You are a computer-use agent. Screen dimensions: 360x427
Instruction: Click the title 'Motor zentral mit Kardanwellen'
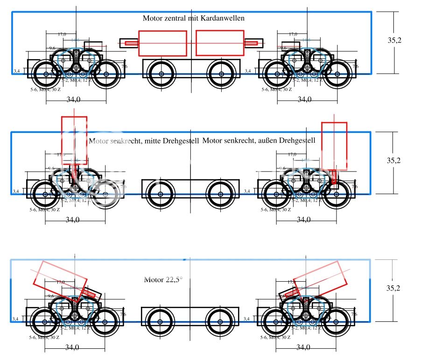click(x=194, y=18)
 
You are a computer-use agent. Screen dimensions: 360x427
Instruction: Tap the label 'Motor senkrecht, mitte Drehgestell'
click(x=144, y=140)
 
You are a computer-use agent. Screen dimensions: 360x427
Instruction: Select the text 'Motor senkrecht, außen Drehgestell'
click(x=259, y=140)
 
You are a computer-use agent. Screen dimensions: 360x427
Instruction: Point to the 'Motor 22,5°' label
click(x=163, y=280)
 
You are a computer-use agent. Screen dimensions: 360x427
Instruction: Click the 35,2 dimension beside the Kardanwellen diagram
click(x=394, y=40)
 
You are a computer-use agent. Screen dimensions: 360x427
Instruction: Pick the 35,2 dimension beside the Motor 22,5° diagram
click(x=394, y=288)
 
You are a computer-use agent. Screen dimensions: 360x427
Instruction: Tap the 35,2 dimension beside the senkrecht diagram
click(x=394, y=160)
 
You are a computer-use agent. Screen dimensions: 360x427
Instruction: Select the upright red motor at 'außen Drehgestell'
click(x=334, y=145)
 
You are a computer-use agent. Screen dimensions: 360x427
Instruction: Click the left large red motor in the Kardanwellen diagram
click(x=162, y=43)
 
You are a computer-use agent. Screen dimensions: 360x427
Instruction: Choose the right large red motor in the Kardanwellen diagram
click(x=219, y=43)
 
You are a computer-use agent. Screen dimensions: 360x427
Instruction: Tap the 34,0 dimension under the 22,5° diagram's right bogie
click(x=303, y=347)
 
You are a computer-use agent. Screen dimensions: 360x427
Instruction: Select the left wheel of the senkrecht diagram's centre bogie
click(x=161, y=194)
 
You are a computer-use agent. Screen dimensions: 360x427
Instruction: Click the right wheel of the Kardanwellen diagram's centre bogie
click(x=221, y=74)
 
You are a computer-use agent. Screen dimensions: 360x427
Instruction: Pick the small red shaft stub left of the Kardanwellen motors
click(x=130, y=44)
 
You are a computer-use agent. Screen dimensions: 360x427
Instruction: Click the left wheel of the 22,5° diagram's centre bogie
click(x=161, y=322)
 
